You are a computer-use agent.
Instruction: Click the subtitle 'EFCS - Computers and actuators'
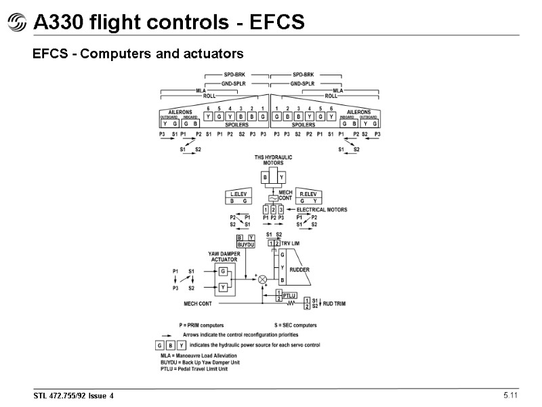(138, 52)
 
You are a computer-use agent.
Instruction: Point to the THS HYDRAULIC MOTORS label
(273, 160)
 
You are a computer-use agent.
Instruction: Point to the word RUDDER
(299, 269)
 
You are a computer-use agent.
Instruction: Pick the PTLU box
(288, 295)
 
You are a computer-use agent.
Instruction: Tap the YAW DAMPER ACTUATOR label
(223, 256)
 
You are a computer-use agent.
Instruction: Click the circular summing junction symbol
(264, 279)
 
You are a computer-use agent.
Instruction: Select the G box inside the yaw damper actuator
(222, 271)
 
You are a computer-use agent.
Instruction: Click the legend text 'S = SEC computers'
(295, 326)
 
